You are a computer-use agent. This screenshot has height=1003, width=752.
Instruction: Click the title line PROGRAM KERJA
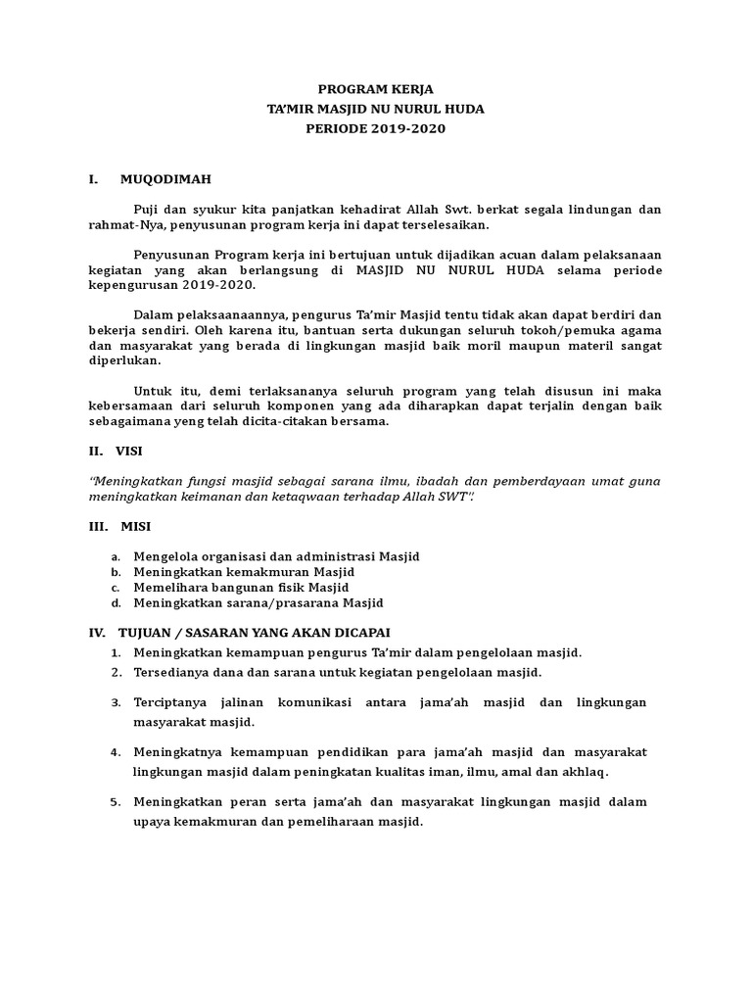pos(376,89)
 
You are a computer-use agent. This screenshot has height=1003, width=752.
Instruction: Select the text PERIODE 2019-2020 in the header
pos(376,128)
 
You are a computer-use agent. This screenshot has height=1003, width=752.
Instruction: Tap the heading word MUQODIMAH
pos(165,179)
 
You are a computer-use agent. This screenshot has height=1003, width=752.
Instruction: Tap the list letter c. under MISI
pos(115,587)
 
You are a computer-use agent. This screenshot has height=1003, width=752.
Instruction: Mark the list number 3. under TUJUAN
pos(115,702)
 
